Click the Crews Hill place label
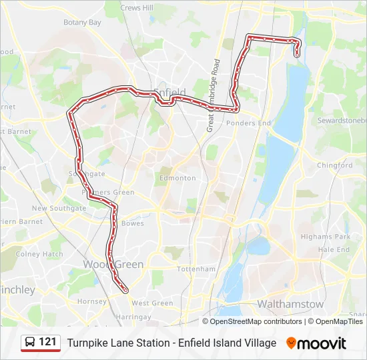(x=137, y=7)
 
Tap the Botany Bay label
(x=82, y=22)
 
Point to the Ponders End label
(x=248, y=123)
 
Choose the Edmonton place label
(x=177, y=178)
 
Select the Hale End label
(x=334, y=249)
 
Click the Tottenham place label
(x=196, y=269)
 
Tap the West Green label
(x=152, y=303)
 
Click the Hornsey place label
(x=91, y=301)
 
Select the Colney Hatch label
(x=39, y=254)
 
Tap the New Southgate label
(x=59, y=208)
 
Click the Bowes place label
(x=133, y=224)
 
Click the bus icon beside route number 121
(x=30, y=343)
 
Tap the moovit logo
(x=316, y=343)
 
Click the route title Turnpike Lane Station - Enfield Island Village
(x=171, y=343)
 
